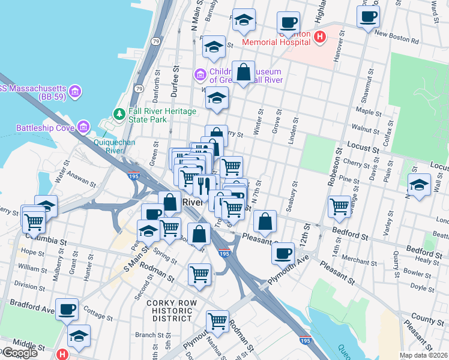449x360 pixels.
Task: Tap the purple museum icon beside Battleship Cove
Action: (82, 127)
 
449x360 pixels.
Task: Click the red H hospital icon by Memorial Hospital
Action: (320, 37)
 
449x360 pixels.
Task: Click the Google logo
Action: (19, 353)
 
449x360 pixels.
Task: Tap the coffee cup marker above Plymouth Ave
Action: (282, 253)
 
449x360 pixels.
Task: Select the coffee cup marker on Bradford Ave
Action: (68, 309)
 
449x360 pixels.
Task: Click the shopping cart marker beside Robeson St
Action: (339, 206)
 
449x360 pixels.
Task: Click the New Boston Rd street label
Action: (396, 37)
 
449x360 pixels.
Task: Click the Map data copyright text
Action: (424, 355)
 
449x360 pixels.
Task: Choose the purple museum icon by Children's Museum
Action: (200, 75)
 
